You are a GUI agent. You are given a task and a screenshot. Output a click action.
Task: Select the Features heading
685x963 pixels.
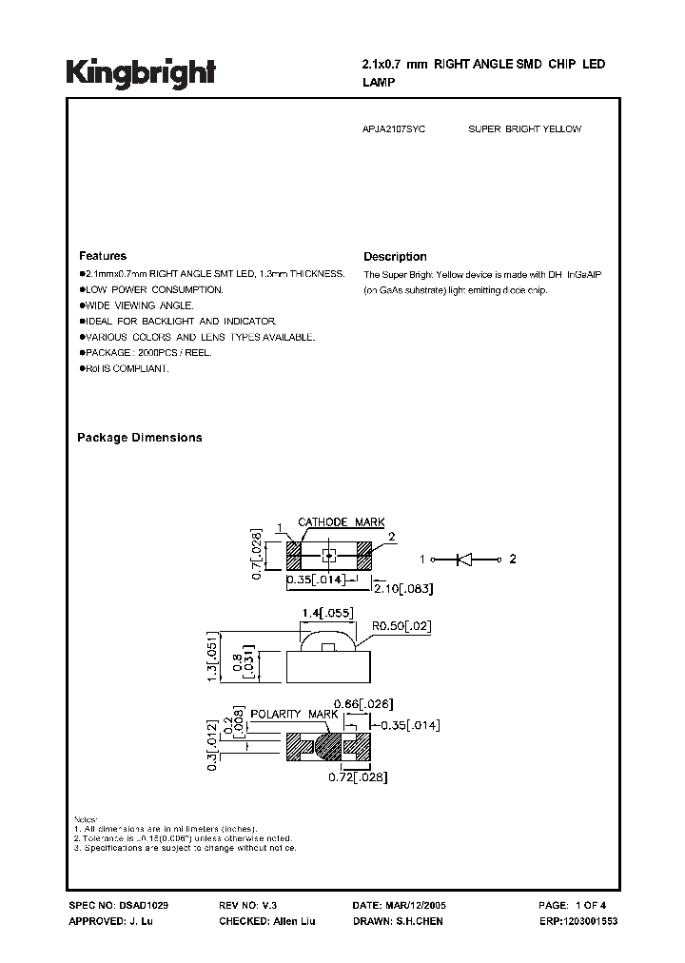102,256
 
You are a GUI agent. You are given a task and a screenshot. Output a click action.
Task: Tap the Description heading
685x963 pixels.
395,257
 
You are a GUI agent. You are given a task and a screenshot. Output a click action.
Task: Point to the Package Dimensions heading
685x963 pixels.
139,438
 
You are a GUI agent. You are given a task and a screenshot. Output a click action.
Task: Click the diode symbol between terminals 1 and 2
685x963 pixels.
465,560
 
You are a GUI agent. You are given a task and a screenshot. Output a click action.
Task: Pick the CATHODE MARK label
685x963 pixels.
342,522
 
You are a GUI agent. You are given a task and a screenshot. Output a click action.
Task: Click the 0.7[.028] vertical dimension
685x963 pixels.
254,555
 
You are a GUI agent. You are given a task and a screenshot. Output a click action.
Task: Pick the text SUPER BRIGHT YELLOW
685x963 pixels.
524,128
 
